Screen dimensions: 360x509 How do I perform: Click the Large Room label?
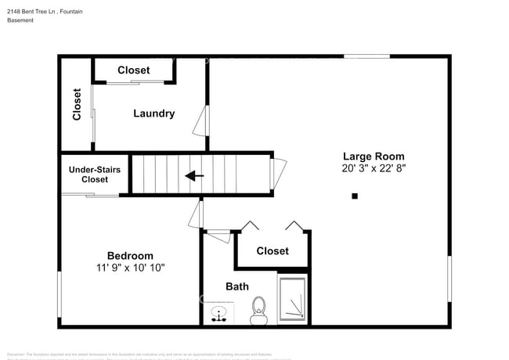pyautogui.click(x=374, y=155)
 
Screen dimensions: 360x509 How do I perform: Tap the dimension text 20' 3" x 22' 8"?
pyautogui.click(x=374, y=167)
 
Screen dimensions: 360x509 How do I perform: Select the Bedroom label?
pyautogui.click(x=130, y=256)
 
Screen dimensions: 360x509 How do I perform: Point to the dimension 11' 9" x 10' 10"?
pyautogui.click(x=130, y=268)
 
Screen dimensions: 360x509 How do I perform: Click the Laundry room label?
pyautogui.click(x=153, y=113)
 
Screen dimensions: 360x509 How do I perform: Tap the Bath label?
pyautogui.click(x=237, y=286)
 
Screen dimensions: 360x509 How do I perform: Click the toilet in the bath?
pyautogui.click(x=259, y=311)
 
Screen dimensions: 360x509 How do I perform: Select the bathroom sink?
pyautogui.click(x=218, y=314)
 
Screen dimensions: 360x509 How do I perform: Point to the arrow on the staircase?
pyautogui.click(x=194, y=176)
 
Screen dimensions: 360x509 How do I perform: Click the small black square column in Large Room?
pyautogui.click(x=355, y=196)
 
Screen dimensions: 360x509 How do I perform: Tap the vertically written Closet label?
pyautogui.click(x=77, y=104)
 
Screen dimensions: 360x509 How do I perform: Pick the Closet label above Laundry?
pyautogui.click(x=134, y=70)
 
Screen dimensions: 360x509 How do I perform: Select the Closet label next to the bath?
pyautogui.click(x=273, y=251)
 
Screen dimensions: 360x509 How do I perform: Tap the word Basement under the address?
pyautogui.click(x=20, y=20)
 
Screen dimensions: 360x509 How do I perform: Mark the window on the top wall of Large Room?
pyautogui.click(x=366, y=56)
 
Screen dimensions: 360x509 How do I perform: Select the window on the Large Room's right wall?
pyautogui.click(x=449, y=279)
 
